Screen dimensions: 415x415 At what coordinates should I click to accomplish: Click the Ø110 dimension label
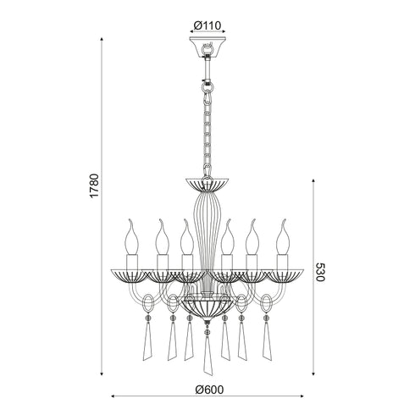click(207, 24)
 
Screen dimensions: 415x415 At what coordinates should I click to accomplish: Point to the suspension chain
click(207, 127)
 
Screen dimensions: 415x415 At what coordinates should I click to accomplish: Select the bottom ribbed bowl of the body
click(207, 307)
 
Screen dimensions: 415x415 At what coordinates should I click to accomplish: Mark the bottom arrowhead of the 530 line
click(313, 373)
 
